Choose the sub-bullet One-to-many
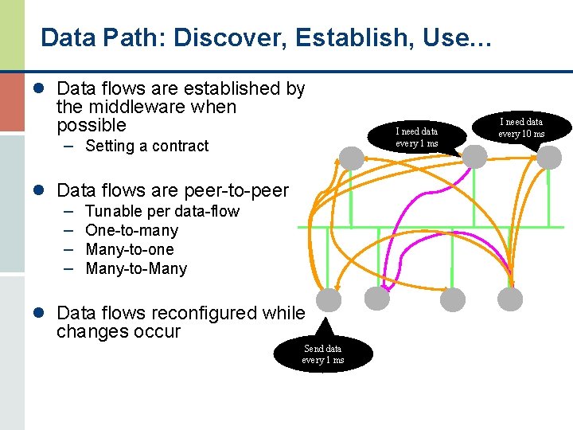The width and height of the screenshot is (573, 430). (131, 230)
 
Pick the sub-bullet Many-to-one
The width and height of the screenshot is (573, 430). (129, 249)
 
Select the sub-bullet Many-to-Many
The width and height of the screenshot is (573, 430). (135, 268)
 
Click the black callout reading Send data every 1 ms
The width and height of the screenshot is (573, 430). (322, 354)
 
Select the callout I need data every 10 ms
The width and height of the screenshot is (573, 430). (521, 127)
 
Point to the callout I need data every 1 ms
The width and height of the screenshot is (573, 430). (417, 137)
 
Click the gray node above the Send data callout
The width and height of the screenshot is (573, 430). (328, 299)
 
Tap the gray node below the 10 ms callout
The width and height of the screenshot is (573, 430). (548, 157)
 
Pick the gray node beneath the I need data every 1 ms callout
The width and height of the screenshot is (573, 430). (474, 157)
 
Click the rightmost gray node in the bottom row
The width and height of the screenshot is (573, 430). (510, 299)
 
